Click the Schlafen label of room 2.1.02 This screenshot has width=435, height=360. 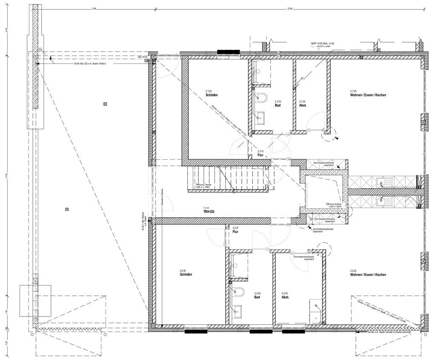coord(212,95)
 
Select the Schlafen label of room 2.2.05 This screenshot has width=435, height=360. coord(186,275)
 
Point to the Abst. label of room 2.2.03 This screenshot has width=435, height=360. coord(285,297)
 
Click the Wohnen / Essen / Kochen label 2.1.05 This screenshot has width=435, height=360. coord(368,95)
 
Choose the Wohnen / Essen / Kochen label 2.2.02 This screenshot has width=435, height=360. coord(368,275)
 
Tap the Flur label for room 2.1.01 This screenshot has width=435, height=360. coord(261,156)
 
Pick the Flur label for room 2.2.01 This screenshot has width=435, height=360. coord(235,232)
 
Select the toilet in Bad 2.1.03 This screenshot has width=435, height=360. coord(261,98)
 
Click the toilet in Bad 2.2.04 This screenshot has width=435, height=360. coord(238,292)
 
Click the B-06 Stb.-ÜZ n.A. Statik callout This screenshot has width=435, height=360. coord(90,63)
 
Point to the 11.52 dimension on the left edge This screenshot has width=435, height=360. coord(6,175)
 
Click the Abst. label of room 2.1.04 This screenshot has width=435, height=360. coord(303,105)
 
